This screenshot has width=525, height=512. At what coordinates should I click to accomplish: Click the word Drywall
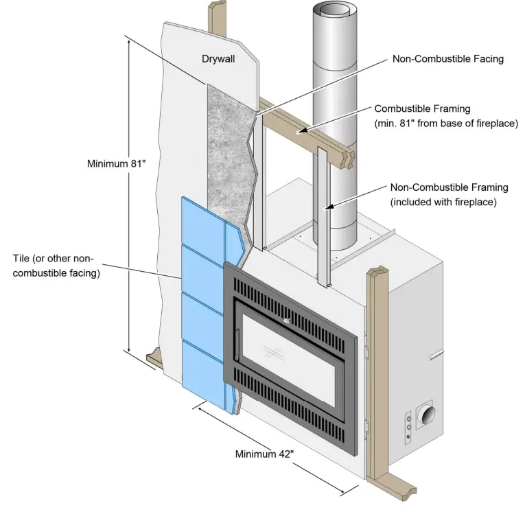coord(218,59)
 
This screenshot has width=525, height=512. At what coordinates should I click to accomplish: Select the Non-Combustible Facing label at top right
coord(447,59)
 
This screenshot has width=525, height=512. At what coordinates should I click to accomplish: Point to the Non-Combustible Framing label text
coord(449,187)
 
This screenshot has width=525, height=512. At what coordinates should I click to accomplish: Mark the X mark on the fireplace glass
coord(273,352)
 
